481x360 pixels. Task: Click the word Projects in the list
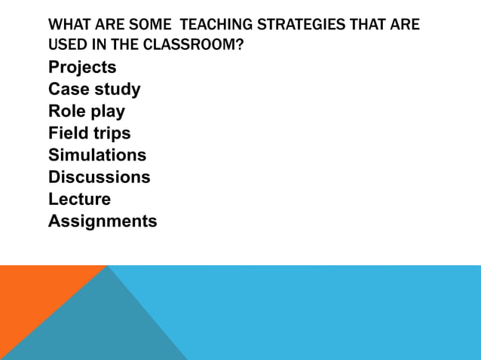point(82,68)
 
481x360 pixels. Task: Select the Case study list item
point(94,90)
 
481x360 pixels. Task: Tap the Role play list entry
point(87,111)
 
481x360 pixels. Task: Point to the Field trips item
point(89,133)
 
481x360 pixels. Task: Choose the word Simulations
point(97,155)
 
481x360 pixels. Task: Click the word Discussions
point(99,177)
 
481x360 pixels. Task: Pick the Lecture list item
point(79,199)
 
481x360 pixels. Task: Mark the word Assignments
point(103,221)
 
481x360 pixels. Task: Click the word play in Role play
point(108,111)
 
